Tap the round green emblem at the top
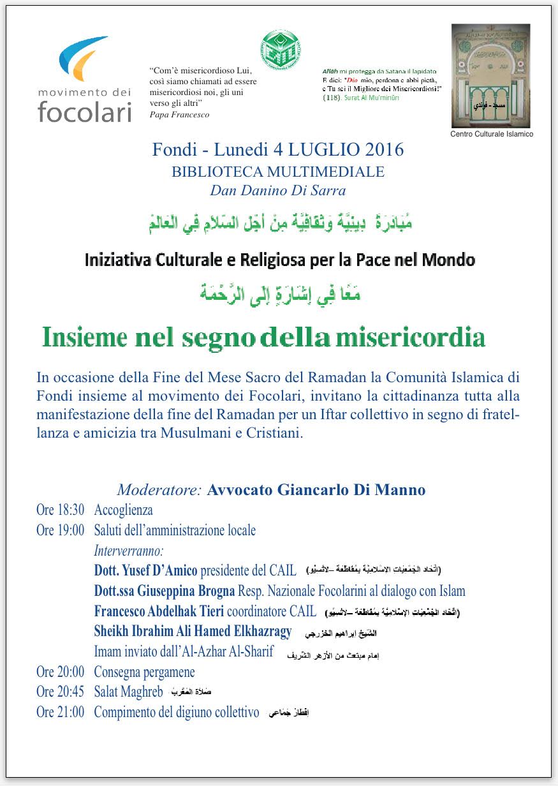[281, 50]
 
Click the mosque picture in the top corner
[491, 76]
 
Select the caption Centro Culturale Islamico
[492, 135]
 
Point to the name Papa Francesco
[179, 115]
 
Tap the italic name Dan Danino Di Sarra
[278, 190]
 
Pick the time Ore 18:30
[60, 510]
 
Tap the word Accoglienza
[123, 510]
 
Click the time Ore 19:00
[60, 530]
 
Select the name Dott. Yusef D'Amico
[146, 570]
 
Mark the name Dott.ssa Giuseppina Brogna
[165, 591]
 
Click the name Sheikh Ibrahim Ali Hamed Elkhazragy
[193, 632]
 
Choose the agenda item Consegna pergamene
[144, 672]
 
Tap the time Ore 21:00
[60, 712]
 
